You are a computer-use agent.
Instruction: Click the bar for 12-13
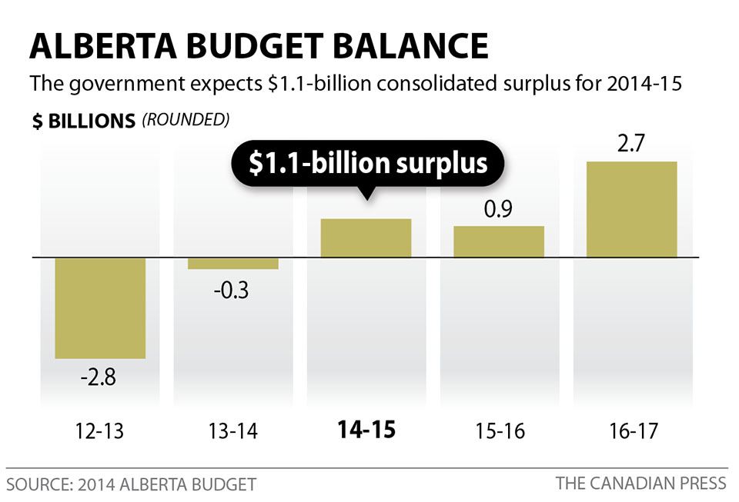100,308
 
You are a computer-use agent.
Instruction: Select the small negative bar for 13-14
233,264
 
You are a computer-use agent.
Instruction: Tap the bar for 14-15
366,238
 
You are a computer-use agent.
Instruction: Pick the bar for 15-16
499,241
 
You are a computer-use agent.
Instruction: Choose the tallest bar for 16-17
631,209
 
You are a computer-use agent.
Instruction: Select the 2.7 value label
631,146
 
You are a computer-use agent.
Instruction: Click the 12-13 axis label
100,431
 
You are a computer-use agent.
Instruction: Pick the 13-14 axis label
233,431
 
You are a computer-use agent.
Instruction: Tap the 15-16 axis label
499,431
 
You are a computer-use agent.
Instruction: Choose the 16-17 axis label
631,431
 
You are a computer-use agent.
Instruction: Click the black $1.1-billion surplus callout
367,164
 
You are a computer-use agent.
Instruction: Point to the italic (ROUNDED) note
186,121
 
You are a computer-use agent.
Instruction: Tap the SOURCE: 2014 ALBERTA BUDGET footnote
131,484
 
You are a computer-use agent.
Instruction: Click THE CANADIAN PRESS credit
640,484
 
